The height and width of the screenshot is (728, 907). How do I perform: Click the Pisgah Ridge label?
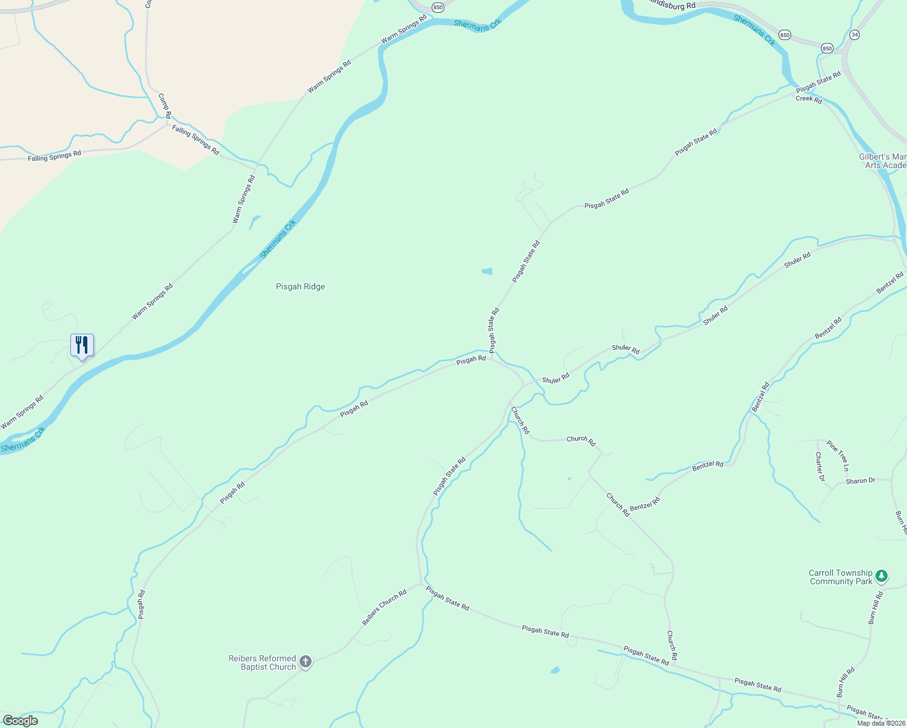[300, 287]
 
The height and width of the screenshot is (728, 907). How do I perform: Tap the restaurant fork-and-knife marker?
[82, 346]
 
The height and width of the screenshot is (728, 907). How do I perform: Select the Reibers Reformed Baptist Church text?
[262, 662]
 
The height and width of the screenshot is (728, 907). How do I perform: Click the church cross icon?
[306, 662]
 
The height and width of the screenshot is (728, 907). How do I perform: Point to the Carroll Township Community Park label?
[840, 577]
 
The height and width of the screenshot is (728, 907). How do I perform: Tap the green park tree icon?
[882, 576]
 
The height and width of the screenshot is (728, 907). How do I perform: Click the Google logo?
[20, 721]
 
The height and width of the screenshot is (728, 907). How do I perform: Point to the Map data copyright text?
[881, 723]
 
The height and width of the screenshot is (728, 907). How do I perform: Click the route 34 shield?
[854, 35]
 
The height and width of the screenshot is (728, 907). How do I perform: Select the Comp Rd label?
[164, 105]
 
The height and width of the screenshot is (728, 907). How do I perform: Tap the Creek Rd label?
[809, 99]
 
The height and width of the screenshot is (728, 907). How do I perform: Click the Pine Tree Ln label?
[838, 456]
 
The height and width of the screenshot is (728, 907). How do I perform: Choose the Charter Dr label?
[820, 467]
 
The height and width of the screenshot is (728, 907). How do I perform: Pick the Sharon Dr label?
[860, 481]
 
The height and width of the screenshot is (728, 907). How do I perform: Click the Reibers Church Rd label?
[384, 608]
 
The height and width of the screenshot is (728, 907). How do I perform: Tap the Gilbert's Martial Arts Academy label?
[883, 161]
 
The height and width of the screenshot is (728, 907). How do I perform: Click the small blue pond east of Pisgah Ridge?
[487, 271]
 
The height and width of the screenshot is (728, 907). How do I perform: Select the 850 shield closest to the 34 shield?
[827, 48]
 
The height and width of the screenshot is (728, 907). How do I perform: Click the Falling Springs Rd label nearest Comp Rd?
[195, 140]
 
